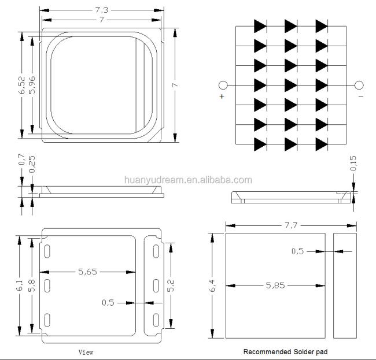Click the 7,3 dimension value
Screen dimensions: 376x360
[x=102, y=10]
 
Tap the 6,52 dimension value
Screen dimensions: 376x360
[x=21, y=85]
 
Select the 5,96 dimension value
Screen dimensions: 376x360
[x=32, y=85]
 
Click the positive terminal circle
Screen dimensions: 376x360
[x=223, y=86]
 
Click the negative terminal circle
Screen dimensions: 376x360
[x=359, y=86]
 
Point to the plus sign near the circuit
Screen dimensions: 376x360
[x=222, y=97]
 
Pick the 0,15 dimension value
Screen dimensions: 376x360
[x=353, y=163]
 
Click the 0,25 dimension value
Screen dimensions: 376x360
[x=32, y=164]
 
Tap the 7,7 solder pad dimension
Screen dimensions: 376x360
[x=291, y=225]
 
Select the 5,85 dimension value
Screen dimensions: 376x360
[x=275, y=285]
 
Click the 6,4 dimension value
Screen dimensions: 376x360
[x=212, y=285]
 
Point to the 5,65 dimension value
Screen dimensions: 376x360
[x=87, y=272]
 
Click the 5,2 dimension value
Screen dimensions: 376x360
[x=171, y=285]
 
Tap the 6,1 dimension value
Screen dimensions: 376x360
[x=19, y=285]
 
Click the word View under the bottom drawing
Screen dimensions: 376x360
[x=86, y=352]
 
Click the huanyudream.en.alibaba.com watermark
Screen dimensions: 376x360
[x=188, y=180]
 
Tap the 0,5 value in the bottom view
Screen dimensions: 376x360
[x=108, y=303]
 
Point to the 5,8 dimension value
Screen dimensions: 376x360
[x=32, y=285]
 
